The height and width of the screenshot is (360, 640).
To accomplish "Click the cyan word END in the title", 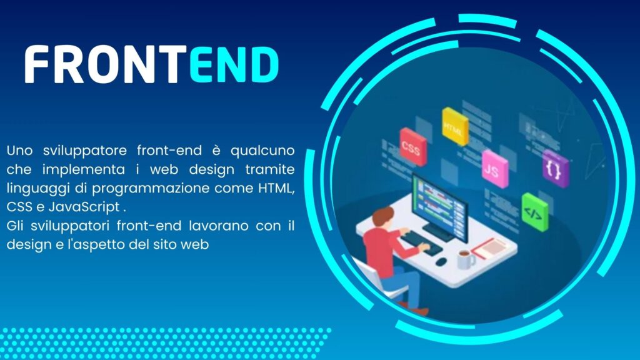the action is click(234, 64).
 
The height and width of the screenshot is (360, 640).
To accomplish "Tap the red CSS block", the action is click(412, 147).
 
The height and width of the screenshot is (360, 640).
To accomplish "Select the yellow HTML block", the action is click(455, 126).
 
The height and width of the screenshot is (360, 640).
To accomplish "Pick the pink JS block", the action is click(495, 169).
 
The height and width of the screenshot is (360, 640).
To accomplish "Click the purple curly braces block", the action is click(555, 169).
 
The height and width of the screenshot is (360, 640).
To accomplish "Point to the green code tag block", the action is click(535, 212).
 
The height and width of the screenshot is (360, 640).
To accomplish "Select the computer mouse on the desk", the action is click(441, 262).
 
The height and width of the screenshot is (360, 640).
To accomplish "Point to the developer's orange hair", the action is click(383, 215).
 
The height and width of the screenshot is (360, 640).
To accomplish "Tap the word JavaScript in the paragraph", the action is click(84, 207).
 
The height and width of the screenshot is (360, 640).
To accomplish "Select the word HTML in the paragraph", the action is click(276, 188).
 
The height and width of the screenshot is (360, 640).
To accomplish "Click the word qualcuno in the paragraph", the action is click(262, 151).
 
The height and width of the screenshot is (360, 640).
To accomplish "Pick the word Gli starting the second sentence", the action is click(15, 226).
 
